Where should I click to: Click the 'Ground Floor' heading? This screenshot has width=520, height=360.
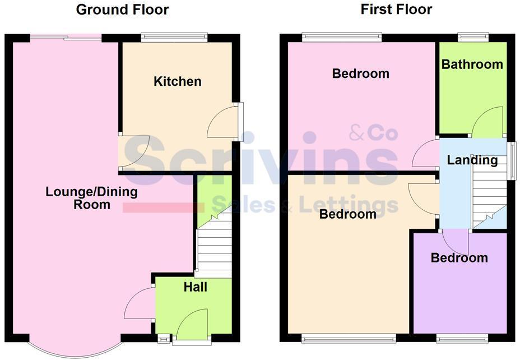coord(122,10)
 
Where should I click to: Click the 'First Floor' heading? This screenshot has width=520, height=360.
coord(396,10)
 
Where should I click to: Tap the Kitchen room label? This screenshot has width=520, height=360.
coord(178,82)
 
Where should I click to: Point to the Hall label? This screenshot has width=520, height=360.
coord(195,288)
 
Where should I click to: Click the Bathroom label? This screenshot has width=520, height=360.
coord(472,64)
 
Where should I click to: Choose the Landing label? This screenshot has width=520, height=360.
coord(472,160)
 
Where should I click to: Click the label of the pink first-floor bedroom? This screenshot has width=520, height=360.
coord(360,73)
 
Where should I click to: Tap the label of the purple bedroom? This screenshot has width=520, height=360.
coord(459,258)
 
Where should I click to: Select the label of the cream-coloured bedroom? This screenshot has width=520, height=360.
coord(347,214)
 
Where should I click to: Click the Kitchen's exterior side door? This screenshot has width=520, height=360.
coord(240,121)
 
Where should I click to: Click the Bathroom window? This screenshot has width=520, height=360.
coord(473,37)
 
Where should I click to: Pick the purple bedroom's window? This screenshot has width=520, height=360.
coord(462,339)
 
